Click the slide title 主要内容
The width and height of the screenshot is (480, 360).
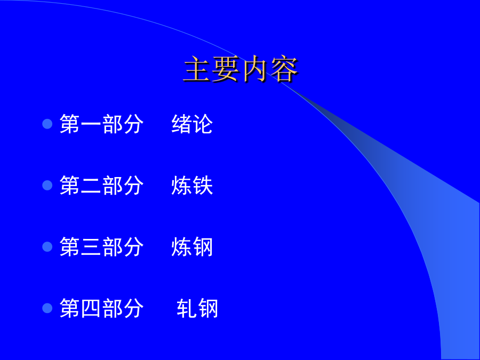click(x=241, y=69)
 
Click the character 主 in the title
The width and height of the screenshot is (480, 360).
click(x=197, y=69)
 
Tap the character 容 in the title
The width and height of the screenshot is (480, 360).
click(x=284, y=69)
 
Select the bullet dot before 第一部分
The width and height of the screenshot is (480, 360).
click(x=47, y=124)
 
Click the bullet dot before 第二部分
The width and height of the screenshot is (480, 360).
click(x=47, y=185)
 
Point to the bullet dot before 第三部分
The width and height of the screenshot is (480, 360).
click(x=47, y=247)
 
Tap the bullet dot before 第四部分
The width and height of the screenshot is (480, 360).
click(x=47, y=308)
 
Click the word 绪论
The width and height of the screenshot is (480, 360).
click(x=192, y=124)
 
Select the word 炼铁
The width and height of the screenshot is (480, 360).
click(x=192, y=185)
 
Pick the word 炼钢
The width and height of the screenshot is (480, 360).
click(x=192, y=247)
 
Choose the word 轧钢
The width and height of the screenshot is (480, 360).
click(x=197, y=308)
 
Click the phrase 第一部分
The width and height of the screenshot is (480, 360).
click(x=101, y=124)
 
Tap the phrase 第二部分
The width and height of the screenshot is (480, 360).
click(x=101, y=185)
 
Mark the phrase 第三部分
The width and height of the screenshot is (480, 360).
click(x=101, y=247)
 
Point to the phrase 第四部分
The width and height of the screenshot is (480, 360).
click(x=101, y=308)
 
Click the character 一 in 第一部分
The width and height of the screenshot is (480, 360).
click(x=91, y=124)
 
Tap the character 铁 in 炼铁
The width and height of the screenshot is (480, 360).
click(x=203, y=185)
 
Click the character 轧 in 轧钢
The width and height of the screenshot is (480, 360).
click(x=187, y=308)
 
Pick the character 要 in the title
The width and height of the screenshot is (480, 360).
click(x=226, y=69)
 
